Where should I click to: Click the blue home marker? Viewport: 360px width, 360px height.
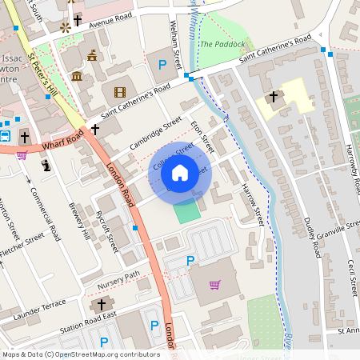coord(180,173)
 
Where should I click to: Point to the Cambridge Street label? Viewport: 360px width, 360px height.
coord(155,136)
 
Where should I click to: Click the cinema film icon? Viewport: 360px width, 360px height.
coord(120,94)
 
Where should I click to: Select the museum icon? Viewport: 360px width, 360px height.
coord(78,76)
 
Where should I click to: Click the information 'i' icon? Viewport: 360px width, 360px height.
coord(46,166)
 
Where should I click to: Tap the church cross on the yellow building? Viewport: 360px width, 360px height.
coord(274,97)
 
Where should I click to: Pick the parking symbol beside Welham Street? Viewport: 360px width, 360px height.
coord(163,63)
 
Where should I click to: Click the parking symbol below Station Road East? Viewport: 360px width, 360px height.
coord(154,325)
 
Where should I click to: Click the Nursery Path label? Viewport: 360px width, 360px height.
coord(118,280)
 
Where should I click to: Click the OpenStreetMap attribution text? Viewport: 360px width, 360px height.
coord(80,354)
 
